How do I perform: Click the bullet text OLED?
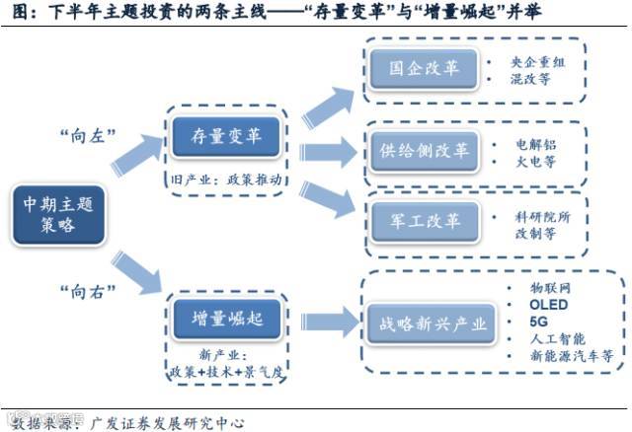click(x=548, y=306)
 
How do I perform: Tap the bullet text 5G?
click(x=538, y=322)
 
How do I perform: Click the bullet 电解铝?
click(x=535, y=144)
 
